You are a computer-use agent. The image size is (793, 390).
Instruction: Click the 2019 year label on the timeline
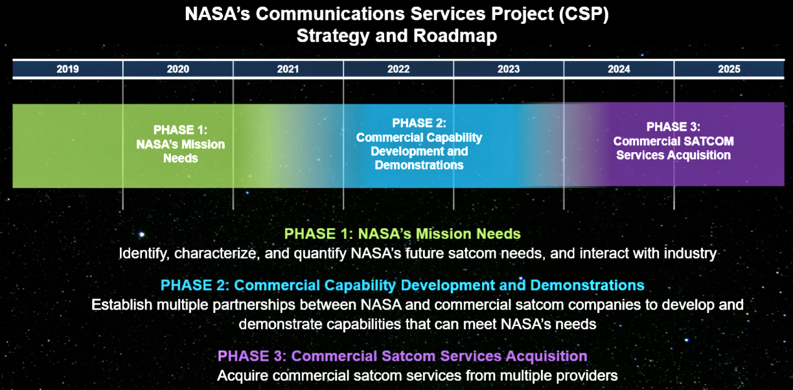(67, 69)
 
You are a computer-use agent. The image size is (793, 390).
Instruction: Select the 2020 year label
(178, 69)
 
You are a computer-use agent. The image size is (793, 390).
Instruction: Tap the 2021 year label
(288, 69)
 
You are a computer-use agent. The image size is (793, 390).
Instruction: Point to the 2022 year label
(398, 69)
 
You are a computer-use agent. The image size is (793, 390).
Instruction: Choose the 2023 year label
(509, 69)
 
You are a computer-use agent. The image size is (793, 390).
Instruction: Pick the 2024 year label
(619, 69)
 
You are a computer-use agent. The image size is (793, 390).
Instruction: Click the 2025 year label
(729, 69)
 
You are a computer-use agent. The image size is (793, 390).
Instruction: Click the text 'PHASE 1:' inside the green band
(181, 130)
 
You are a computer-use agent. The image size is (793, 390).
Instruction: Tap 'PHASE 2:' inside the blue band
(419, 123)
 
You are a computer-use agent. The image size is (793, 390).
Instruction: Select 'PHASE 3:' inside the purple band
(673, 127)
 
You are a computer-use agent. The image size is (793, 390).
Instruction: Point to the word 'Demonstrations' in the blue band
(419, 165)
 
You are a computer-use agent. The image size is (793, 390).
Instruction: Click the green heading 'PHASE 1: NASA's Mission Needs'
(402, 234)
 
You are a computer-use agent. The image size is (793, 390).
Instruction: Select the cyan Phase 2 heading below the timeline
(402, 285)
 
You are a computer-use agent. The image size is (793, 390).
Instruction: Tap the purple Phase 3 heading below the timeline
(402, 356)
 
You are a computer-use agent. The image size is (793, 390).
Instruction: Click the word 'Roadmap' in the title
(455, 36)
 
